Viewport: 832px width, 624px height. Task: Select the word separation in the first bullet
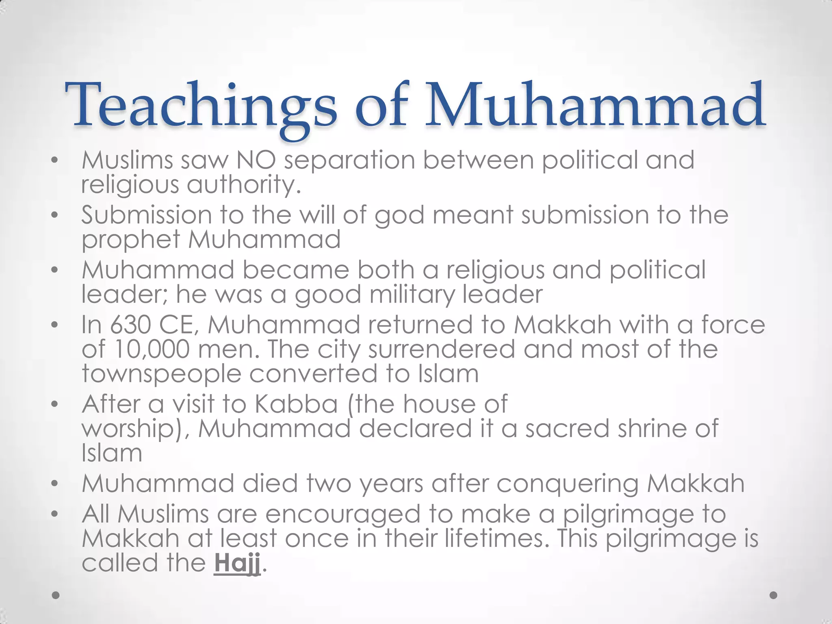(349, 161)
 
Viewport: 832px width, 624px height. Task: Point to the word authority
(243, 185)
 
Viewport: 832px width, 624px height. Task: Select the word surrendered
(442, 350)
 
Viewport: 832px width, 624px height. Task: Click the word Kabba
(296, 404)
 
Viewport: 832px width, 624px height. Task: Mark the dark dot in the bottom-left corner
(56, 595)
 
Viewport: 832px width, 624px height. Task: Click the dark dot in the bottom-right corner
(773, 595)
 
